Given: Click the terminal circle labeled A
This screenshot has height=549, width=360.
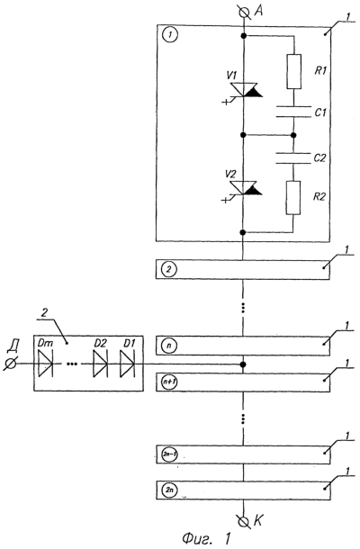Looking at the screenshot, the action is pos(243,13).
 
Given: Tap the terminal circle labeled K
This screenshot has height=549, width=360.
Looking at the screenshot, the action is pos(243,520).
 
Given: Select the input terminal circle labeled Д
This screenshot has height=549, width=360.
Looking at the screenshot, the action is pos(10,364).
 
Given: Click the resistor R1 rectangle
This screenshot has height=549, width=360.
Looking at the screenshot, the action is pos(293,71).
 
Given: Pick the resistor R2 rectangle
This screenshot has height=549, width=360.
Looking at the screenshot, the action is pos(293,197).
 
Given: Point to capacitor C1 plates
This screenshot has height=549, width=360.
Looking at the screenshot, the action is pos(293,112).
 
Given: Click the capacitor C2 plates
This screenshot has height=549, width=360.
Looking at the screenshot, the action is pos(293,157).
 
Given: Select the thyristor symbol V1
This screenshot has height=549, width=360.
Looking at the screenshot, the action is pos(244,90).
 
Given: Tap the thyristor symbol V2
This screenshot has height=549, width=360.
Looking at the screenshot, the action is pos(244,189).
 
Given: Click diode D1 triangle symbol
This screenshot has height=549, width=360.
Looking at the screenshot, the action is pos(128,364).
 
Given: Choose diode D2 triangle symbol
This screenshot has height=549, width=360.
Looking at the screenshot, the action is pos(101,364).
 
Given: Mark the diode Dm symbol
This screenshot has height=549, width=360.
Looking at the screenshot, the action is pos(46,364).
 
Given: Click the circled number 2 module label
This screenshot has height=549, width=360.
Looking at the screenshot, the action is pos(169,270).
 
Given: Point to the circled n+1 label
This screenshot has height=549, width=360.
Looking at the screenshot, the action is pos(169,382).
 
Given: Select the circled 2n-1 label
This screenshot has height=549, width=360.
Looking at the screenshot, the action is pos(169,454).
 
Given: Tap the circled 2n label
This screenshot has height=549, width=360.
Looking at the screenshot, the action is pos(169,490).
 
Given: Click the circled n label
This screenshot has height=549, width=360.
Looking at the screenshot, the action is pos(169,346).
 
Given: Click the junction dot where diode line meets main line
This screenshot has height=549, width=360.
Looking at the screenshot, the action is pos(243,364).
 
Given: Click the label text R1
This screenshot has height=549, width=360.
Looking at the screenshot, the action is pos(320,70).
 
